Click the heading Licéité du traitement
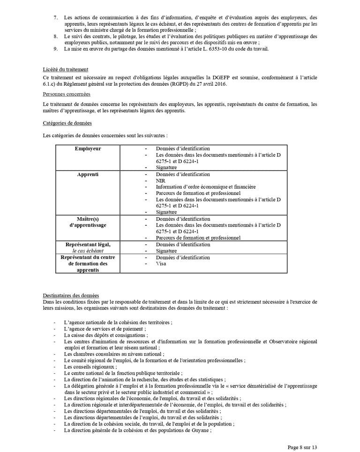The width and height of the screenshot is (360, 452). pos(65,69)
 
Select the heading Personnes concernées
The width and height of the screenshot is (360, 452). pos(67,94)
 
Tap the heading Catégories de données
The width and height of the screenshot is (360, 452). pos(67,123)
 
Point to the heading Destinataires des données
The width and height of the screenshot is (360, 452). pos(71,296)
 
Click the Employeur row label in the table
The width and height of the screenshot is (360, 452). pos(88,149)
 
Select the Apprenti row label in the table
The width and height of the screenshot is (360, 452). pos(88,175)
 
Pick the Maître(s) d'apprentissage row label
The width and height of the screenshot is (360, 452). pos(88,222)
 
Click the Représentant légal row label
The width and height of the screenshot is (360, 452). pos(88,245)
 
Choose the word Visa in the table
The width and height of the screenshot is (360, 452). pos(161,264)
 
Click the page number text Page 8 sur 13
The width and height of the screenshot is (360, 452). pos(302,447)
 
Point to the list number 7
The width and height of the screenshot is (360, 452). pos(55,17)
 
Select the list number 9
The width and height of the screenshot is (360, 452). pos(55,49)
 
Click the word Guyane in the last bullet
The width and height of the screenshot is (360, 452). pos(201,430)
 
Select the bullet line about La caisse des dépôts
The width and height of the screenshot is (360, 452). pos(106,335)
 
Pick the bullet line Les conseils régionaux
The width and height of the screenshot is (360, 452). pos(90,367)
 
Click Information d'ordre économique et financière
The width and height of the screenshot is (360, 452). pos(206,187)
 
